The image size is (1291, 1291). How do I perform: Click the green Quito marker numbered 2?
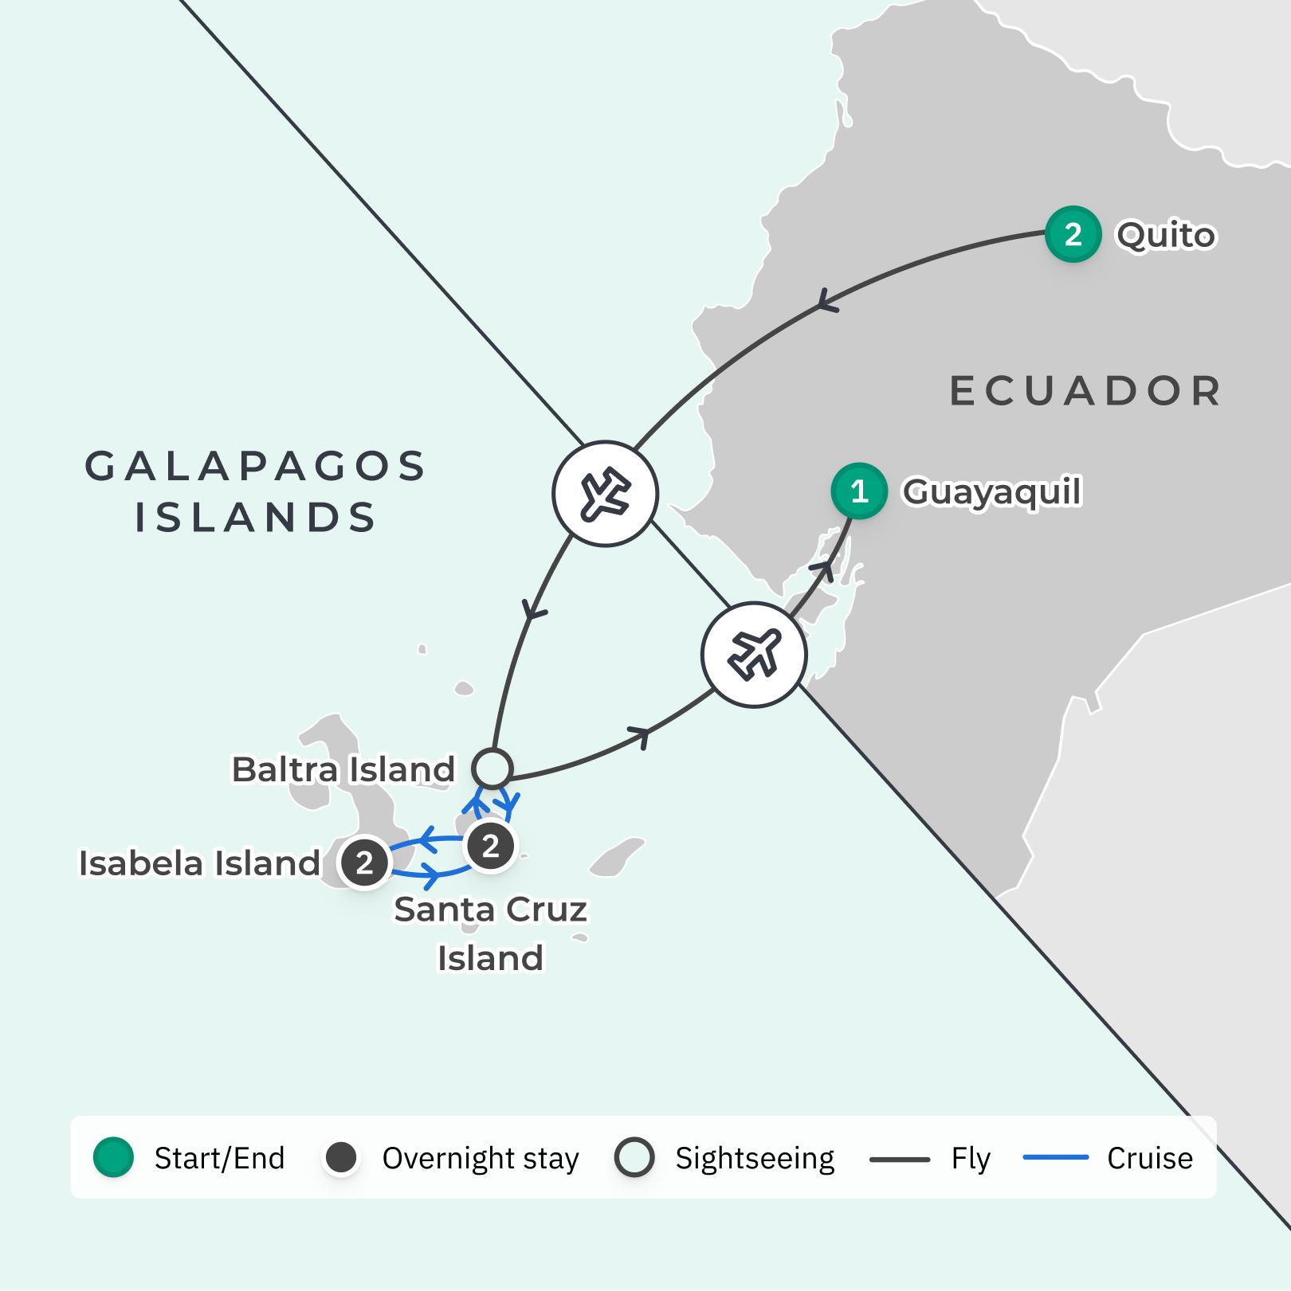(1073, 234)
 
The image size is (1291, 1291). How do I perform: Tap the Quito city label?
(1166, 235)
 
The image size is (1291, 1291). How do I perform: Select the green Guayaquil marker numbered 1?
(858, 491)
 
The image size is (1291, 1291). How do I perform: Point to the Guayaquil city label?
(991, 491)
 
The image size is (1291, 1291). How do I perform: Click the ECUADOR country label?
(1085, 391)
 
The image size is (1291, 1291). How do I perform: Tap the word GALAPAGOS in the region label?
(256, 466)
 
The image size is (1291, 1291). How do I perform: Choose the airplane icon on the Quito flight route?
(605, 494)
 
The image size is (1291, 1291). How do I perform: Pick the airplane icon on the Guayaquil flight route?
(754, 655)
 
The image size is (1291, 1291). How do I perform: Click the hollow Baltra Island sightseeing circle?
(492, 769)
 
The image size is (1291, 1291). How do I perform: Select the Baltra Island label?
(343, 769)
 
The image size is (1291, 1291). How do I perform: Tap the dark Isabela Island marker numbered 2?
(364, 862)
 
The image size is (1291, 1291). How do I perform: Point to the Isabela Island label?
(199, 863)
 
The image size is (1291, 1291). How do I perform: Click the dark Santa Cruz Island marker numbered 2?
(490, 846)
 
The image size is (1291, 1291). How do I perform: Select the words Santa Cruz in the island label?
(490, 910)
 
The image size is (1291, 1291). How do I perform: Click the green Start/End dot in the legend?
(113, 1157)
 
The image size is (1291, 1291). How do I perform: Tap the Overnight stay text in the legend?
(481, 1158)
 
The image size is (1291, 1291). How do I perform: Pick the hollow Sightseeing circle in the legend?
(634, 1157)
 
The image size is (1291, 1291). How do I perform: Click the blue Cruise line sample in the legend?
(1056, 1157)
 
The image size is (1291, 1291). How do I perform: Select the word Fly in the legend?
(971, 1158)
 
